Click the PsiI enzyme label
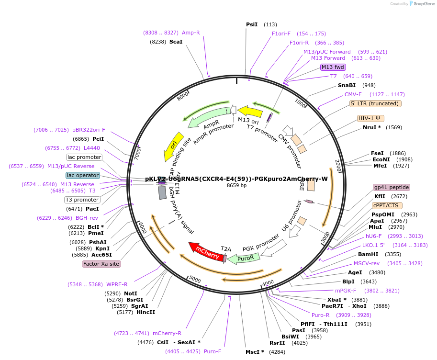coord(252,24)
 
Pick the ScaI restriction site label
coord(176,42)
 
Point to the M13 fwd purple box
coord(333,67)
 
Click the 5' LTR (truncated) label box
coord(376,103)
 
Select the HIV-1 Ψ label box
coord(371,118)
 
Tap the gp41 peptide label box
coord(392,187)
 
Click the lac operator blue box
coord(83,175)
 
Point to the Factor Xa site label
coord(101,264)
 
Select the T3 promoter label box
coord(82,200)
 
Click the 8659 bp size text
coord(236,185)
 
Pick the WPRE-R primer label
coord(110,284)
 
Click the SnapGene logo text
coord(424,3)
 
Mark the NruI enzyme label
coord(372,127)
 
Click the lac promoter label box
coord(84,157)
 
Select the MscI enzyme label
coord(255,352)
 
